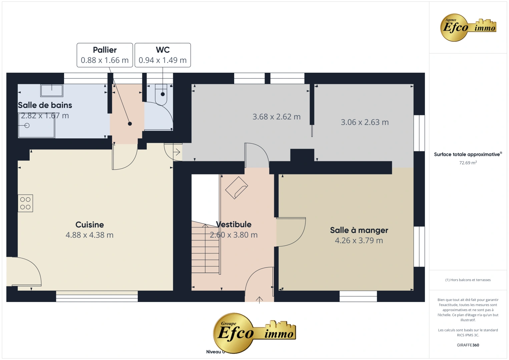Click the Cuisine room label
89,225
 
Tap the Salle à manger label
359,230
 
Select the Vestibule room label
234,224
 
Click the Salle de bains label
45,105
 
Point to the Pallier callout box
105,55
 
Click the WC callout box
163,55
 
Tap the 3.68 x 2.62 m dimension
277,117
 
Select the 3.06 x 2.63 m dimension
365,122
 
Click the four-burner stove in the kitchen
25,203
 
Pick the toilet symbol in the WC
161,94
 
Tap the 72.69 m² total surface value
468,163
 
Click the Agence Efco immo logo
468,28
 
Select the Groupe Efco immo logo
254,333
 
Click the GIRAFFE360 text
468,345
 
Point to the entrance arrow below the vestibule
260,300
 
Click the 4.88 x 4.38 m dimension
89,235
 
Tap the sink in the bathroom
52,90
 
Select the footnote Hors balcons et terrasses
468,280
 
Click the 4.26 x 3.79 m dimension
359,241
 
